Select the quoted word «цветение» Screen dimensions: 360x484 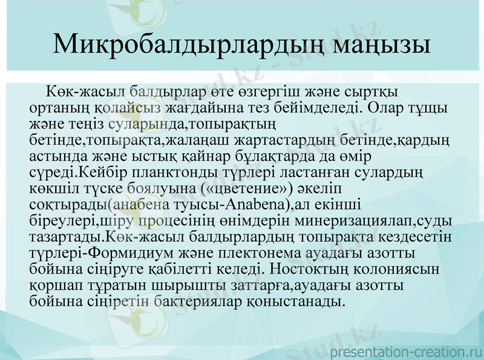254,188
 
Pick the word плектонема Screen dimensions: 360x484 243,251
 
